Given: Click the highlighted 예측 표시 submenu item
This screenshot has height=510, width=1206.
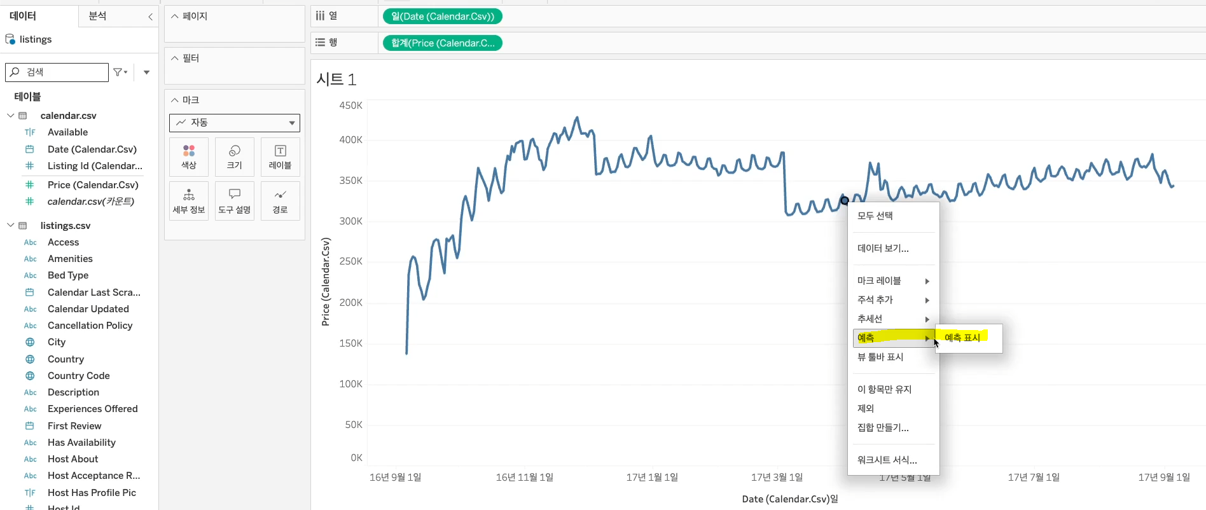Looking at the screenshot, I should tap(962, 338).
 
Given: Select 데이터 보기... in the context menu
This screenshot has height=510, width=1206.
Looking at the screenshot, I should tap(883, 248).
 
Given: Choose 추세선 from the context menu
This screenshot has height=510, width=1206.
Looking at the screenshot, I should tap(870, 319).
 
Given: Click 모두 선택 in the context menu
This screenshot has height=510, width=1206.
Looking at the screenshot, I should tap(875, 216).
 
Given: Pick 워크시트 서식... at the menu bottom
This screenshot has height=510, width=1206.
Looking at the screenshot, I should tap(887, 460).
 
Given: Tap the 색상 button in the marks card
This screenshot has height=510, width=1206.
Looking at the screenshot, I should tap(189, 156).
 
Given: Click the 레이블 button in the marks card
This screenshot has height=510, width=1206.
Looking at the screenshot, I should tap(280, 156).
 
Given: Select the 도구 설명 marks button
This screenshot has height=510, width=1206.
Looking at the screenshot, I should tap(235, 201).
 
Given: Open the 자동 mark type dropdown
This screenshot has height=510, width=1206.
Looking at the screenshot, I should tap(235, 123).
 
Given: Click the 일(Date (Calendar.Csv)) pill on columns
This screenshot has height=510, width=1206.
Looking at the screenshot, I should tap(443, 17).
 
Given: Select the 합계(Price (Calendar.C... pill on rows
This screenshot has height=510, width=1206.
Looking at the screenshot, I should tap(443, 43).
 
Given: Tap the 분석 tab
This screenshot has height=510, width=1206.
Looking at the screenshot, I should tap(98, 16).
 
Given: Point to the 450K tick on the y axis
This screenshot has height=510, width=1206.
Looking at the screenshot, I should tap(350, 106).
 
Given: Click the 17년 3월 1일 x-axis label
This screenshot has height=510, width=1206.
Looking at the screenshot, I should tap(777, 477).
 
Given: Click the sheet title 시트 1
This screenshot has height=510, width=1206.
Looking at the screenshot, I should tap(336, 79).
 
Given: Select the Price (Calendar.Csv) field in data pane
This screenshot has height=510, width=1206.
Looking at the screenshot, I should tap(93, 185).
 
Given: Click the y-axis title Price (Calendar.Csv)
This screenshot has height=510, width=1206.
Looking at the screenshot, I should tap(326, 282).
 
